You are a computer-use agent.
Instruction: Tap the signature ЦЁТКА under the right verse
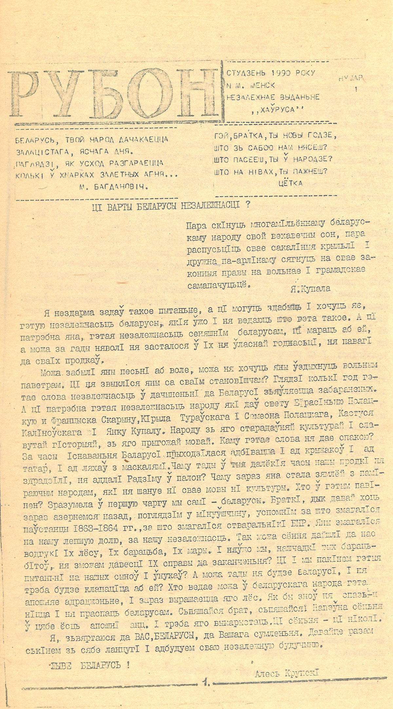pos(290,183)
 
